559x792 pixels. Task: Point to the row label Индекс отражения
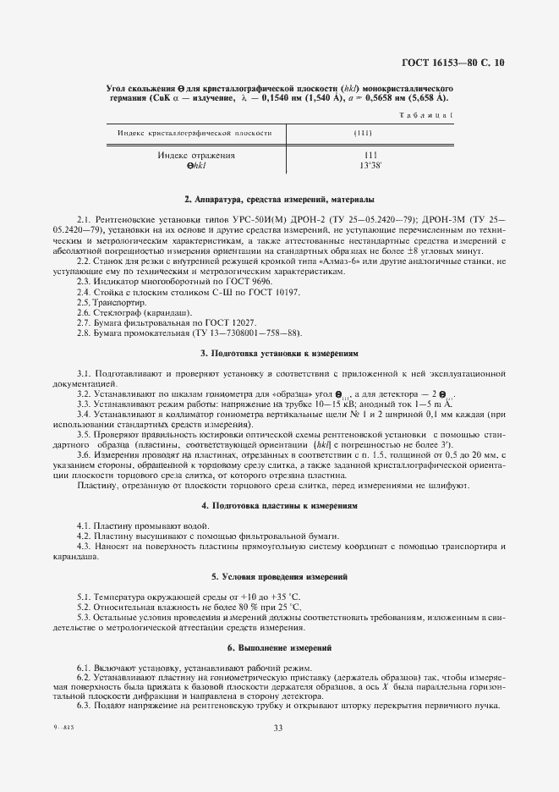click(196, 156)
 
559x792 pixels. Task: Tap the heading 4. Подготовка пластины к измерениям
click(279, 505)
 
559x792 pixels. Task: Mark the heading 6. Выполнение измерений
click(279, 646)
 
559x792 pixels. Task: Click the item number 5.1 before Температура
click(84, 597)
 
